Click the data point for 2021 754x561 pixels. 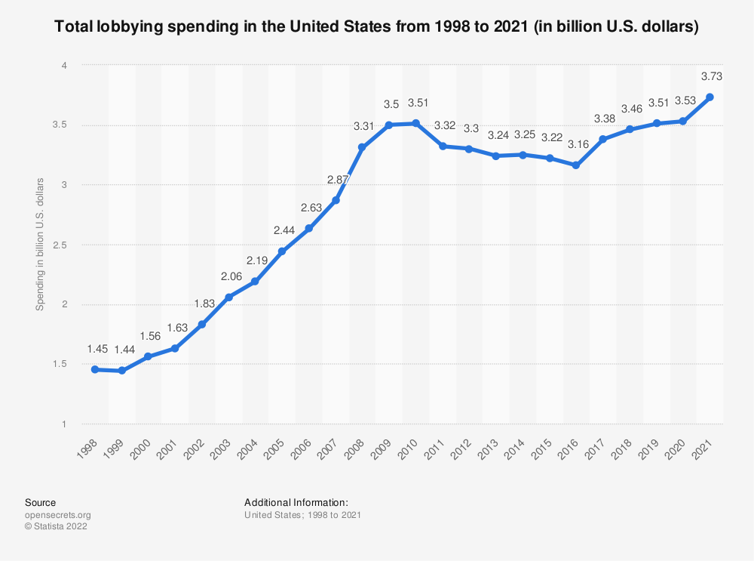point(710,97)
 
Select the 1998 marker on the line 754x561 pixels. point(95,369)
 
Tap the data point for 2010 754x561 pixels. point(415,123)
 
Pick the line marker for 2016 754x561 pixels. point(576,165)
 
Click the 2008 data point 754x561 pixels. point(362,147)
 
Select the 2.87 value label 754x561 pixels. point(336,179)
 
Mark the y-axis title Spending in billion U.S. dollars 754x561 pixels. point(41,244)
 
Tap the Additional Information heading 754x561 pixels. point(296,502)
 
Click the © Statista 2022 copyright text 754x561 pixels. point(56,527)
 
